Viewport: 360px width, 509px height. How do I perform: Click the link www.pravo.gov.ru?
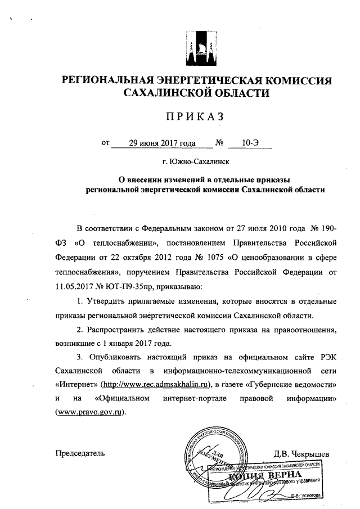coord(89,412)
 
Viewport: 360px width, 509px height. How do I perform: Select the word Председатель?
coord(80,453)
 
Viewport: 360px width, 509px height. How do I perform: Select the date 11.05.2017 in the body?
coord(75,286)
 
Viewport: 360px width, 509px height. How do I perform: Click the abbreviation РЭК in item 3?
coord(326,357)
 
